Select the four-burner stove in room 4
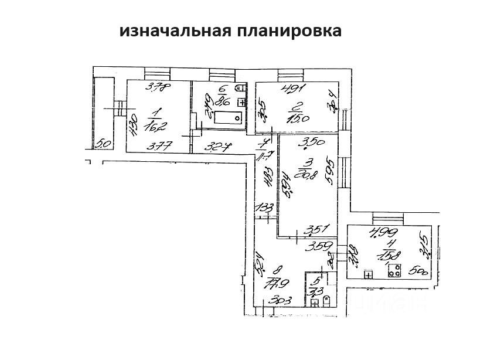click(394, 271)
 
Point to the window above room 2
click(289, 74)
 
